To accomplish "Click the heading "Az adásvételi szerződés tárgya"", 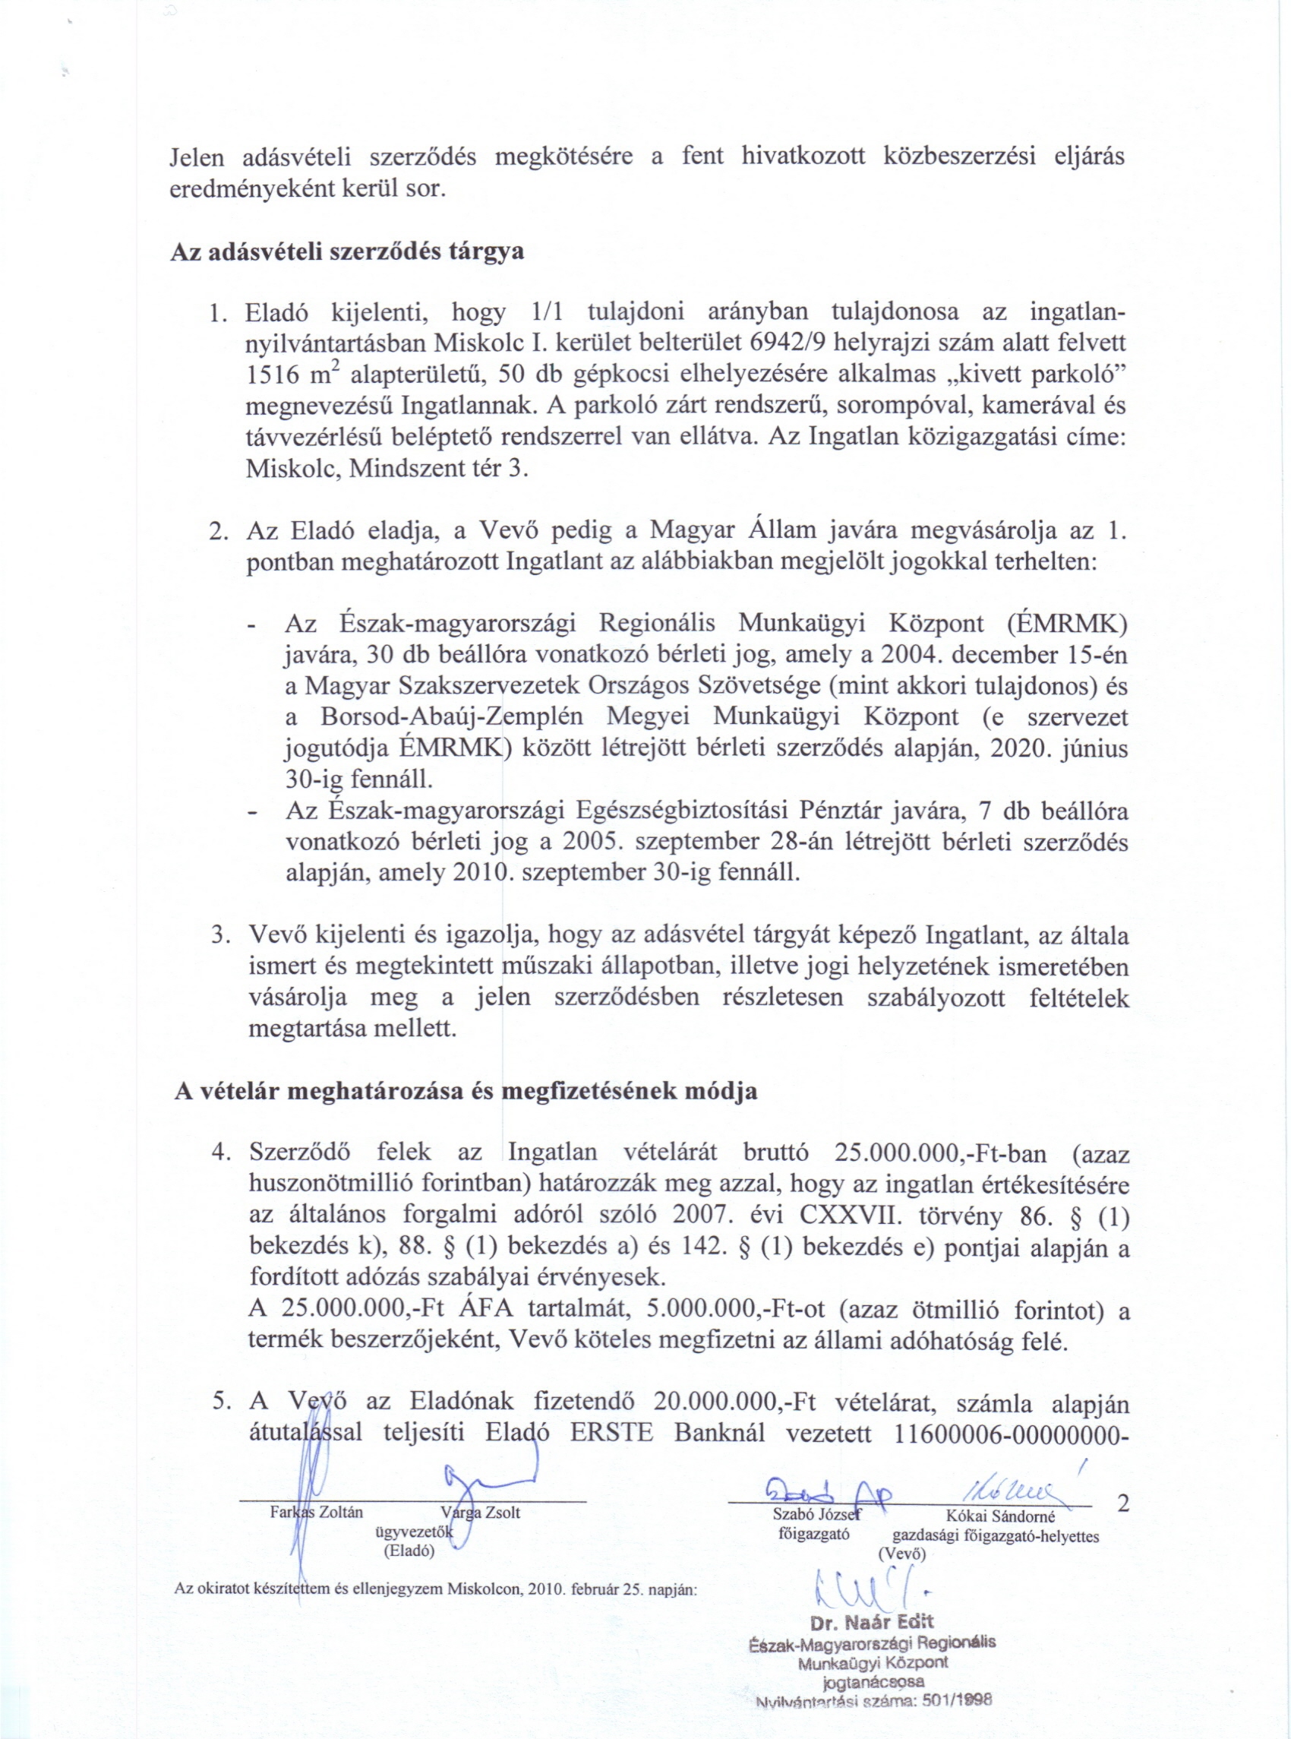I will click(x=346, y=253).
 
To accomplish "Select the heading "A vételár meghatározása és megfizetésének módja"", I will click(x=465, y=1091).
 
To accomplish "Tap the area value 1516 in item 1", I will click(x=272, y=376).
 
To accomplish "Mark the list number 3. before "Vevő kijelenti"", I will click(x=219, y=935).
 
